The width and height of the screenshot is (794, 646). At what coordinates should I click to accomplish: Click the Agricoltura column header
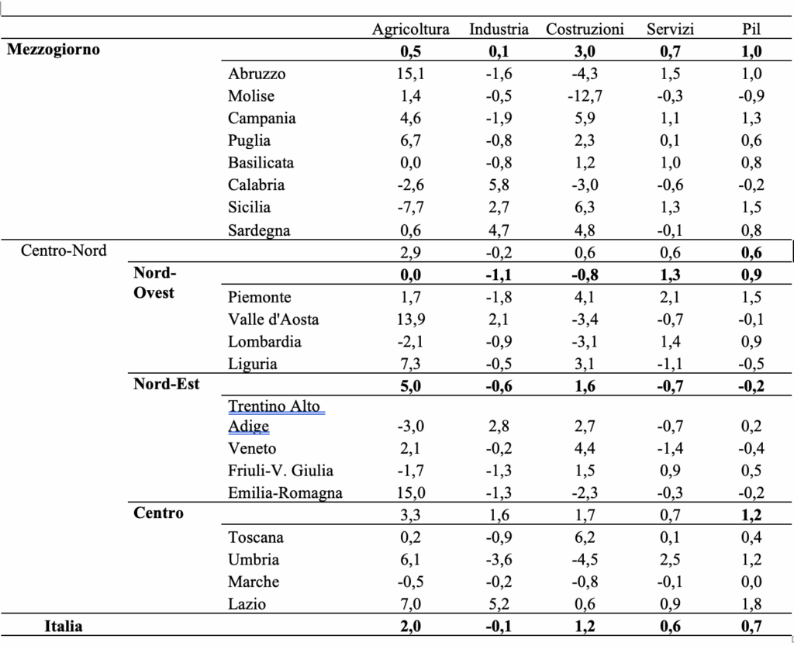(411, 29)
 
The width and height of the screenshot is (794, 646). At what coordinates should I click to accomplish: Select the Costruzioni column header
(585, 29)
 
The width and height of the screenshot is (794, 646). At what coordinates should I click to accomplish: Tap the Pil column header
(751, 29)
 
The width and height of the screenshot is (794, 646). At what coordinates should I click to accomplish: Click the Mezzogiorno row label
(54, 50)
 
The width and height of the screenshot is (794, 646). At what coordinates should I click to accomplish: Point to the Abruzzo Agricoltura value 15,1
(411, 74)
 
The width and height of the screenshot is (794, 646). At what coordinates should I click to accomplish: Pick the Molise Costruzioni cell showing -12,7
(585, 96)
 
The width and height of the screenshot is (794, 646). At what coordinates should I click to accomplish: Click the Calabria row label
(256, 185)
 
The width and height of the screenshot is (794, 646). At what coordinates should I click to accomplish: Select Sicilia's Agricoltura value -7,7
(411, 207)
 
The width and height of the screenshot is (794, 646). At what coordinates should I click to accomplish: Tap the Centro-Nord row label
(64, 250)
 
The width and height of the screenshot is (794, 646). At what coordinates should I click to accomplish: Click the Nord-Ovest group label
(155, 282)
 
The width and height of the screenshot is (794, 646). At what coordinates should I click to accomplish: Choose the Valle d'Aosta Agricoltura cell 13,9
(411, 320)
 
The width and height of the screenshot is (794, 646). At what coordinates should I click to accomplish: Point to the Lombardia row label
(265, 342)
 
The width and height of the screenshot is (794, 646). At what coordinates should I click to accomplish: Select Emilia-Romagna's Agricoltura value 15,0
(411, 492)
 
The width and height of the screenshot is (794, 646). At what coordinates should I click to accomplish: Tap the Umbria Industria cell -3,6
(499, 559)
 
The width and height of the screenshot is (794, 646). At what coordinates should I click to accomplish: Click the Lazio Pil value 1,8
(751, 604)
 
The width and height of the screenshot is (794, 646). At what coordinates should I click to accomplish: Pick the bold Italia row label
(64, 627)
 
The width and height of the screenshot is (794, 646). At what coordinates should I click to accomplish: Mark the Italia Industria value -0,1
(499, 627)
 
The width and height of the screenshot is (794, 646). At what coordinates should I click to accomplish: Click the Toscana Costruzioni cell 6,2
(585, 537)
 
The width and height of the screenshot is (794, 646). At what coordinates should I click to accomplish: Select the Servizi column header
(671, 29)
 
